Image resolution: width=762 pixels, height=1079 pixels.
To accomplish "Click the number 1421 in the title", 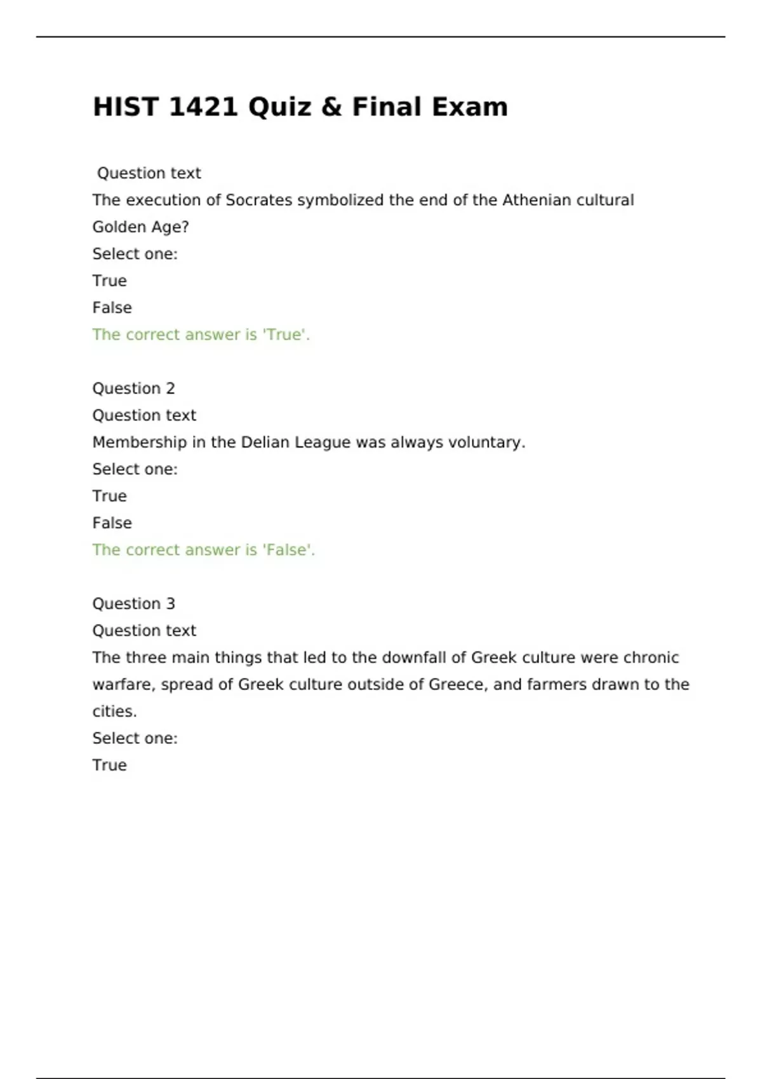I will point(203,107).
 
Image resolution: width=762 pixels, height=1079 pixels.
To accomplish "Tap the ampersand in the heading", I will point(331,107).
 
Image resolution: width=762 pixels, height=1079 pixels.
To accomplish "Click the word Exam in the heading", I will point(469,107).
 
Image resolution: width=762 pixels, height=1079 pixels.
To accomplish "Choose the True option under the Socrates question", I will point(109,281).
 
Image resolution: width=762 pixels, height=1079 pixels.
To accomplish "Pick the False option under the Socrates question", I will point(112,308).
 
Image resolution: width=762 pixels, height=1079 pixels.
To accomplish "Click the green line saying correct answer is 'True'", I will point(201,334).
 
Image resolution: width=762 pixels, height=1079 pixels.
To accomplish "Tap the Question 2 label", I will point(133,388).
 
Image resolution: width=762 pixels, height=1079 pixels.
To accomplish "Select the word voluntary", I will point(486,442).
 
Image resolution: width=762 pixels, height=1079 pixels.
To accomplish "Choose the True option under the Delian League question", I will point(109,496).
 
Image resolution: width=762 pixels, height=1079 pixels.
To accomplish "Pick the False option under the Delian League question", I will point(112,523).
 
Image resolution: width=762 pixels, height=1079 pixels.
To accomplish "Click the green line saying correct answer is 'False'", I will point(203,550).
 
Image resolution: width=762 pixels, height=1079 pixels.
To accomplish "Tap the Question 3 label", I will point(133,604).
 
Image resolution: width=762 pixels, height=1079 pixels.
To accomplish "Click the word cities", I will point(114,712).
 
